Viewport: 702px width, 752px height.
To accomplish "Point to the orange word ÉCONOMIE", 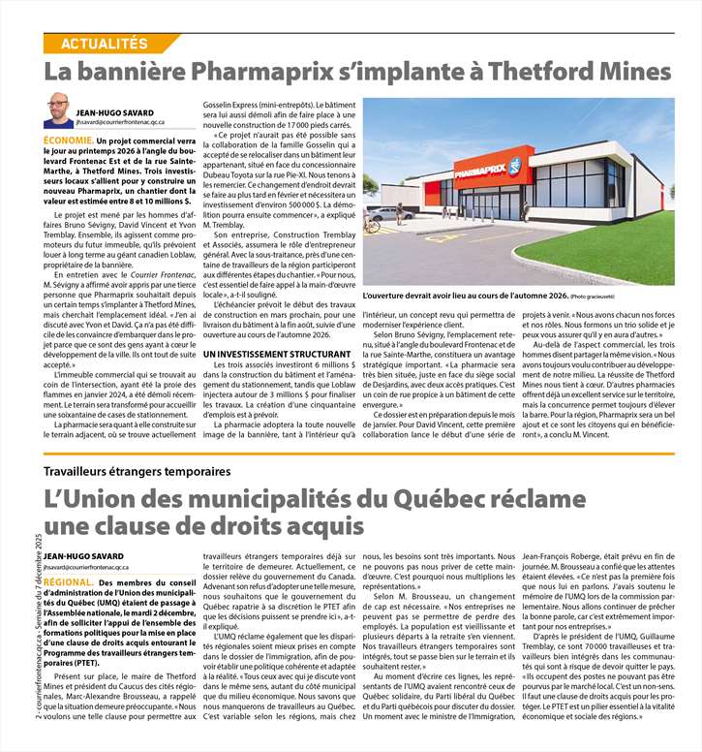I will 69,141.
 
